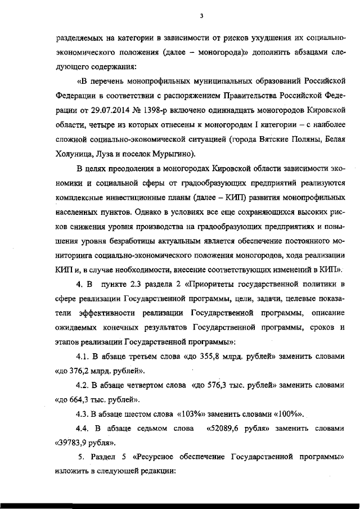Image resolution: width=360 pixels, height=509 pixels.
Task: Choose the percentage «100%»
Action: pos(290,415)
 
